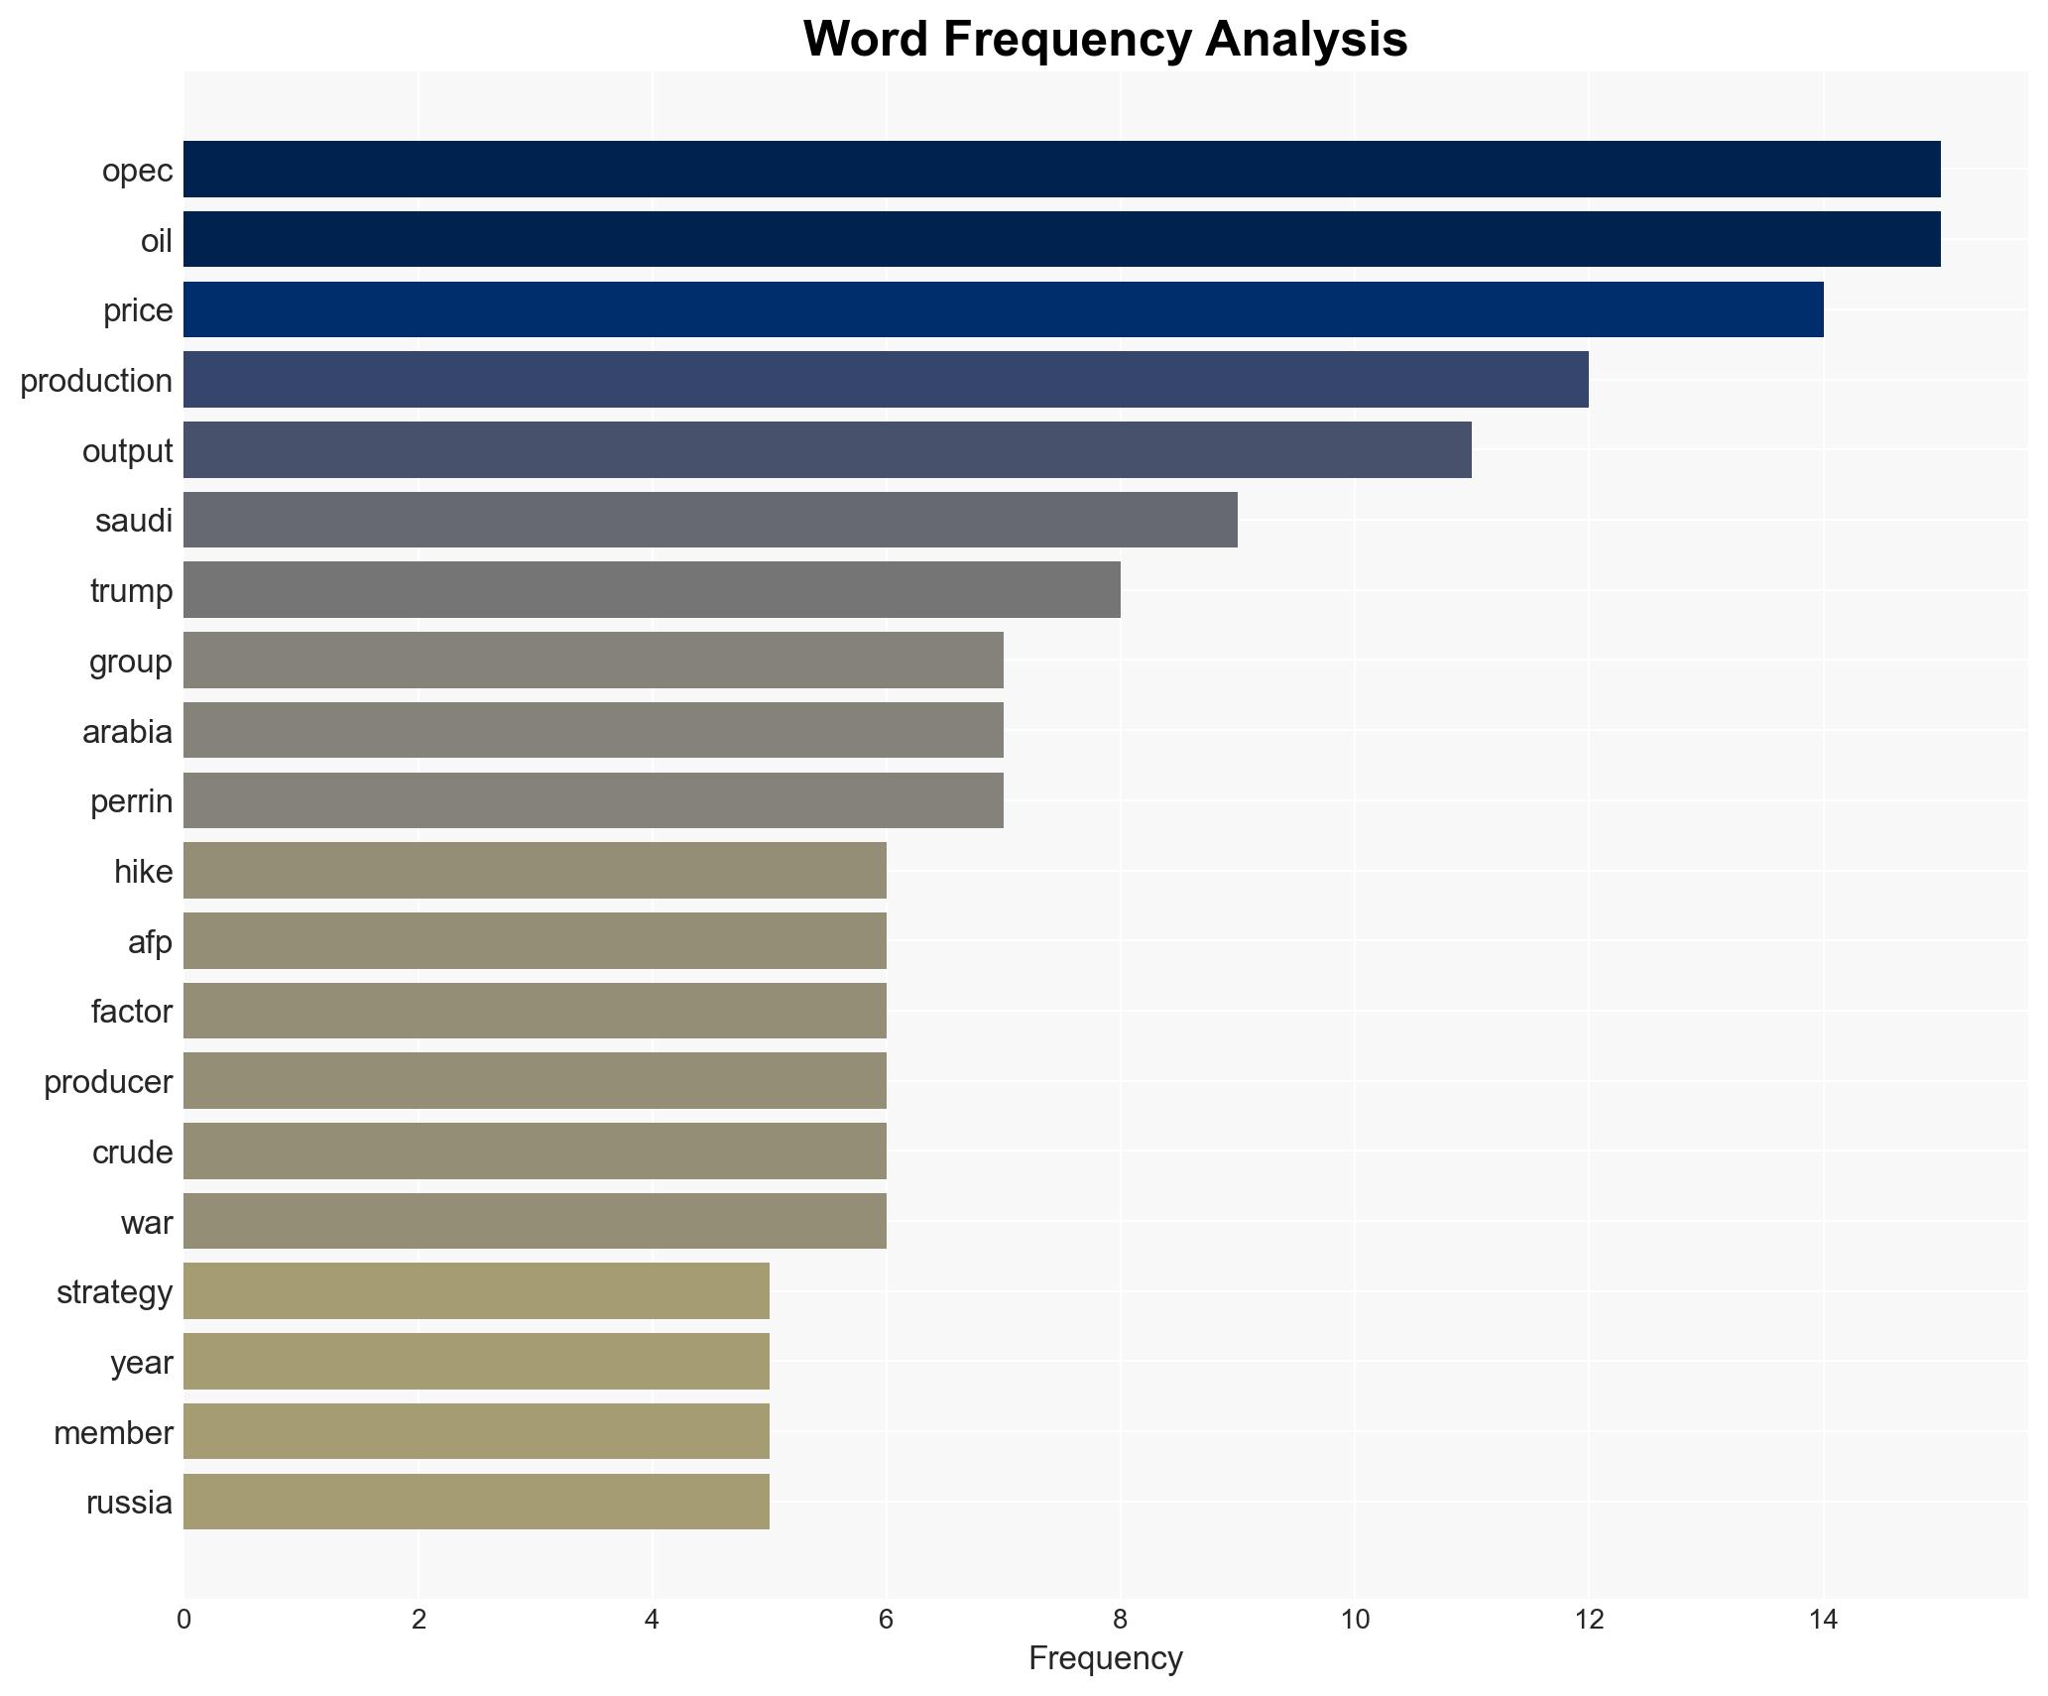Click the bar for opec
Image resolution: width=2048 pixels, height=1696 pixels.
(x=1061, y=169)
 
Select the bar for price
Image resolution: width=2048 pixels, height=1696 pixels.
(x=1003, y=309)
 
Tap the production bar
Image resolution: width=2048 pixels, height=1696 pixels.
(x=886, y=379)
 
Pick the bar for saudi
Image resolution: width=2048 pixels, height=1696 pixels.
(x=710, y=520)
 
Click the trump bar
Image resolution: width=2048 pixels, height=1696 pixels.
(x=652, y=590)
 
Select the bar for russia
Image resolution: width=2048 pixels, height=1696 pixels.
(x=476, y=1502)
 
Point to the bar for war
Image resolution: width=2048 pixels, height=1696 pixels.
(x=535, y=1221)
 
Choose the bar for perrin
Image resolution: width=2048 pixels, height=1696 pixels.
(x=593, y=800)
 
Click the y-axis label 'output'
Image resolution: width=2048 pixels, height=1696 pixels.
(x=127, y=451)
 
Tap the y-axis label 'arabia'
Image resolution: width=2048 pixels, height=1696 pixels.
(x=127, y=732)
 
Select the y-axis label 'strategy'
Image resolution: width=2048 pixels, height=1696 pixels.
(x=114, y=1292)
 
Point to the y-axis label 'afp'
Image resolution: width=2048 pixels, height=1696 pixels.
(x=150, y=942)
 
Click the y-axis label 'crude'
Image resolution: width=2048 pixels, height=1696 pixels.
(x=132, y=1152)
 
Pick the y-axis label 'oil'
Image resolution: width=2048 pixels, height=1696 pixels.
(x=157, y=241)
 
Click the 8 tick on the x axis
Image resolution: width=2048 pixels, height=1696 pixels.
(x=1120, y=1620)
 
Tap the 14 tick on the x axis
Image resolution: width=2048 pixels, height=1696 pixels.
(x=1823, y=1620)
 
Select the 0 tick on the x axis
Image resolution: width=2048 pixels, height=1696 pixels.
(x=183, y=1620)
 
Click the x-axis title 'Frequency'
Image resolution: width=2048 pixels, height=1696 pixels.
(x=1105, y=1658)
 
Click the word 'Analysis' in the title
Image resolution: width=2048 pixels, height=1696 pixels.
(x=1306, y=40)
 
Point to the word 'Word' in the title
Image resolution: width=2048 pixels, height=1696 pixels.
(x=865, y=40)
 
